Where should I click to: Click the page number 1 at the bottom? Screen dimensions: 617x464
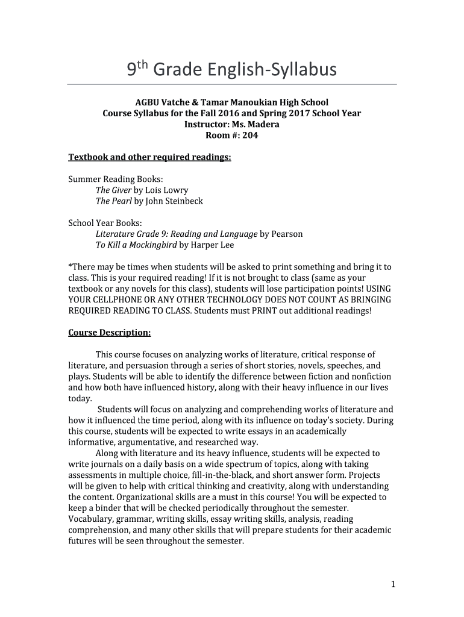pyautogui.click(x=392, y=584)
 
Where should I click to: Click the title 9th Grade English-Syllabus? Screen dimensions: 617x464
pyautogui.click(x=231, y=70)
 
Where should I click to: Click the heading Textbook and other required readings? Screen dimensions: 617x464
pyautogui.click(x=149, y=157)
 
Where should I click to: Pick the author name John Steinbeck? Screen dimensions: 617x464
pyautogui.click(x=174, y=201)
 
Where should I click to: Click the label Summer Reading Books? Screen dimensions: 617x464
pyautogui.click(x=115, y=179)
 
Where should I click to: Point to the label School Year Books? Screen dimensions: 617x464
pyautogui.click(x=105, y=223)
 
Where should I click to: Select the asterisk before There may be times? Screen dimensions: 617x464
pyautogui.click(x=70, y=266)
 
